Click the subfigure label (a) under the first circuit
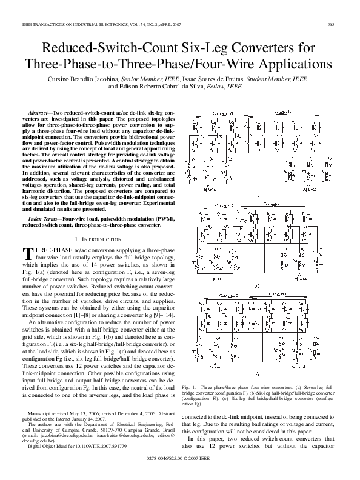point(256,196)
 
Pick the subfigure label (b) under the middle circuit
point(256,285)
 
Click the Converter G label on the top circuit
point(224,113)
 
